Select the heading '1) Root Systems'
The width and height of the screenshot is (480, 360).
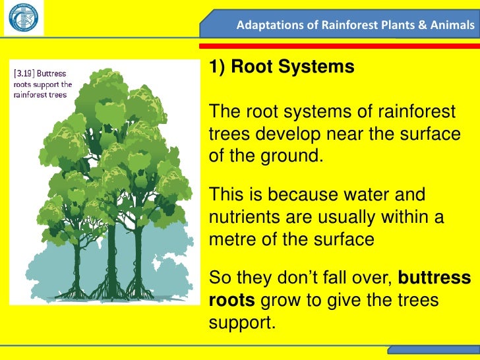[x=282, y=67]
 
